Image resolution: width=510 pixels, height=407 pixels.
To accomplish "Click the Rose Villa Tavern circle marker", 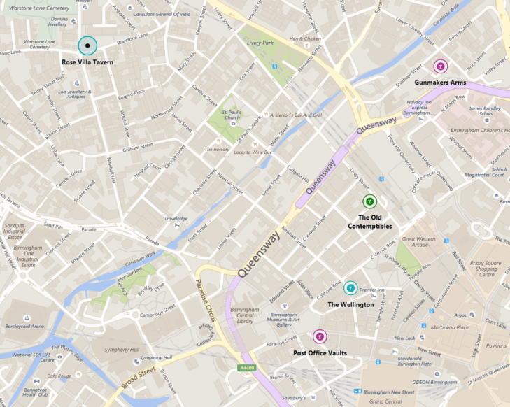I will (87, 46).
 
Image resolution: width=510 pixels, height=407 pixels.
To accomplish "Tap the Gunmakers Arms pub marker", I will (440, 66).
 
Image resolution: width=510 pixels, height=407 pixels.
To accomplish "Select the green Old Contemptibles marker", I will (369, 201).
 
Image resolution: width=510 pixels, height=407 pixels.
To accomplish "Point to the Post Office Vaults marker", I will (320, 337).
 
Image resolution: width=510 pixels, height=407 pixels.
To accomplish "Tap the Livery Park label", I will (259, 43).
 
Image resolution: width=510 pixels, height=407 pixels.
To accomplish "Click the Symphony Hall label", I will (118, 349).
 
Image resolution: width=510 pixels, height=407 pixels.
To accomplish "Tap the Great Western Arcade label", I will (419, 242).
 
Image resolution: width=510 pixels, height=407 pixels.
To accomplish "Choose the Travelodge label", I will (176, 218).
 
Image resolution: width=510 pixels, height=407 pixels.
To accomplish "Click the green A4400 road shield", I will (246, 368).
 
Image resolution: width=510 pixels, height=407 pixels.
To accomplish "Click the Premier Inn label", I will (371, 290).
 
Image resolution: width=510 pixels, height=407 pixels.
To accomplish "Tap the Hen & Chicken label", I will (305, 38).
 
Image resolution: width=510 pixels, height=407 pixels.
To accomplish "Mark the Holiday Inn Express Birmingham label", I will (420, 107).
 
